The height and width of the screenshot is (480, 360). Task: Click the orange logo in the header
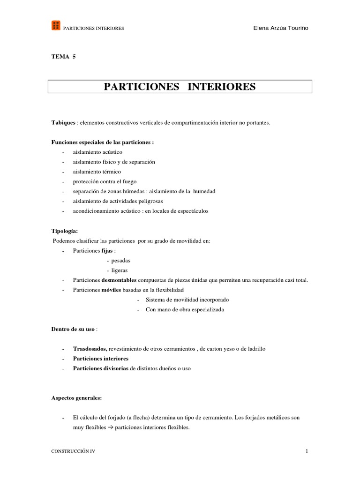coord(56,26)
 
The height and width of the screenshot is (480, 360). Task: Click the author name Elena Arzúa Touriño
coord(280,28)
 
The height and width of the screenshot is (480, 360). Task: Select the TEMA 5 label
coord(63,57)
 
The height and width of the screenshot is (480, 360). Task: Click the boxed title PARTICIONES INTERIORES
coord(180,87)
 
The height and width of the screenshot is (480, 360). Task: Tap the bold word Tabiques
coord(63,123)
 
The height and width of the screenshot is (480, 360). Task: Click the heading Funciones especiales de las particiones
coord(102,142)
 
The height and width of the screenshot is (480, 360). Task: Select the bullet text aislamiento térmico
coord(97,172)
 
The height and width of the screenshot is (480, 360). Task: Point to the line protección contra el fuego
coord(105,181)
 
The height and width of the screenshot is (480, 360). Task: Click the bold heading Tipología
coord(65,231)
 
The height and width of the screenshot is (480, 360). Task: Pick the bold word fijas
coord(107,251)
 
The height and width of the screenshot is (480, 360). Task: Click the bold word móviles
coord(111,290)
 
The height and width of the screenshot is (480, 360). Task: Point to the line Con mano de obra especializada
coord(185,309)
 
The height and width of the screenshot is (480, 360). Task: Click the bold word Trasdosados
coord(90,349)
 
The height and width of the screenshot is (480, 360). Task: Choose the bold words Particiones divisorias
coord(101,368)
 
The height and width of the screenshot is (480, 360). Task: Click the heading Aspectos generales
coord(76,398)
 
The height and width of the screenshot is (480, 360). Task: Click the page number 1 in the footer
coord(307,451)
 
